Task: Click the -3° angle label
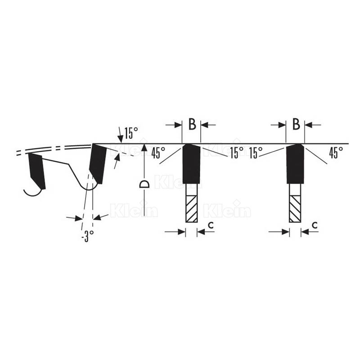88,236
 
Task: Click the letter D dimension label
144,184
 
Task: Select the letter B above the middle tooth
192,124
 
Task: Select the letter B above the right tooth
296,124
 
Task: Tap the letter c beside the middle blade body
211,225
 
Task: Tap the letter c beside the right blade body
315,225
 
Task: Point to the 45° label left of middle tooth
158,153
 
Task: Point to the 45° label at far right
336,153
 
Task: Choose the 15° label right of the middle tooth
237,153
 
